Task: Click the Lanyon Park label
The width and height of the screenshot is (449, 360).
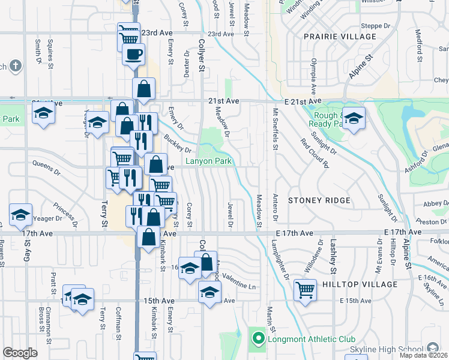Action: (208, 161)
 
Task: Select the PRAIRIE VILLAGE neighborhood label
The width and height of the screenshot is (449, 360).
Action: (332, 37)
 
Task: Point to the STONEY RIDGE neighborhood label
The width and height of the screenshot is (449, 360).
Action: (318, 200)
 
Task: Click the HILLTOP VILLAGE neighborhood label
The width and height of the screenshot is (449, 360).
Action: (360, 284)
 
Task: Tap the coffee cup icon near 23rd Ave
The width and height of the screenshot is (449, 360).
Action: (133, 55)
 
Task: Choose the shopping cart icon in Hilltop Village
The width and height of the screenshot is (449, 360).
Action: (306, 291)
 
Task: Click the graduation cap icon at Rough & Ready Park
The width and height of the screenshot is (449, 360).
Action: (354, 118)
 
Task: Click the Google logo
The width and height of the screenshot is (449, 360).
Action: (20, 353)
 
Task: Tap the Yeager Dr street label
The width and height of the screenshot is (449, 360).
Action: (46, 220)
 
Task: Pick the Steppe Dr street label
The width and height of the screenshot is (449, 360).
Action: (376, 26)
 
